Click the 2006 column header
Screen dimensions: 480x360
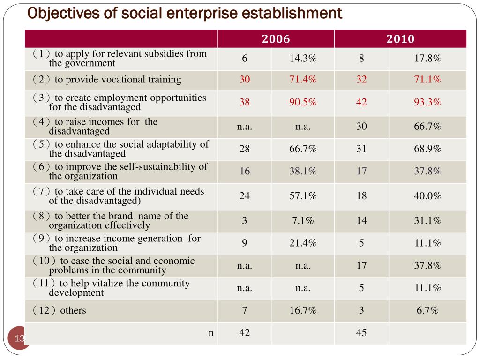(276, 39)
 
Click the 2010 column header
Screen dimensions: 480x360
(400, 39)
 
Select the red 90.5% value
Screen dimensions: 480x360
(303, 102)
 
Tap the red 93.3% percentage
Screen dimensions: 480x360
(427, 102)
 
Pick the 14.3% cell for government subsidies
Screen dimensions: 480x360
(303, 58)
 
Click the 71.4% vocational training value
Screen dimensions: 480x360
(303, 79)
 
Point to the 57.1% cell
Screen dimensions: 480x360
(303, 195)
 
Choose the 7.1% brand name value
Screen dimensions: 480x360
(303, 220)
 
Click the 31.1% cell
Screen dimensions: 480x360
(427, 220)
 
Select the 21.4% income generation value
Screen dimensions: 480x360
(303, 243)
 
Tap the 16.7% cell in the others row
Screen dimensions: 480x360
(303, 310)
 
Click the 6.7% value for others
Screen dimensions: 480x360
(427, 310)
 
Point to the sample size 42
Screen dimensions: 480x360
(244, 332)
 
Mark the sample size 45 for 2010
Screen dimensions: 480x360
(361, 332)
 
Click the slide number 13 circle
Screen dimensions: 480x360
(18, 338)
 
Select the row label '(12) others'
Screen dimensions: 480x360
(60, 310)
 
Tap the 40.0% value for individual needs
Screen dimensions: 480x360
(427, 195)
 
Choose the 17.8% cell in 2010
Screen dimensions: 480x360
(427, 58)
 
